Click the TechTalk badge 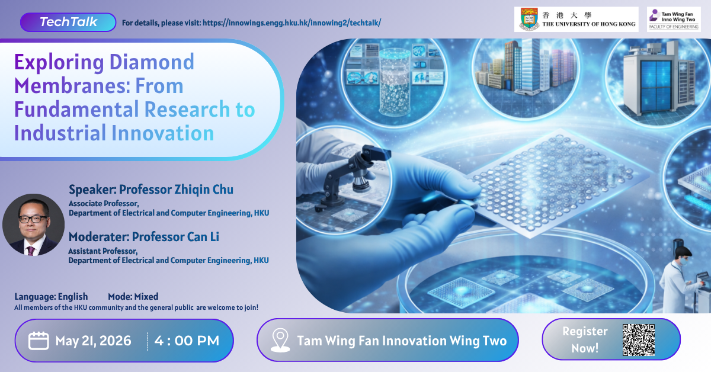[x=68, y=23]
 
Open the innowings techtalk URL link [x=292, y=23]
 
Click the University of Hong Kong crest [x=529, y=20]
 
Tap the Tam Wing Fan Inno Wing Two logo [x=674, y=20]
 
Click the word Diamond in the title [x=152, y=62]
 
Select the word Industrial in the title [x=60, y=133]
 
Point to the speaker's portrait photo [x=33, y=225]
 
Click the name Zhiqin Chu [x=204, y=190]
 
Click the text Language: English [x=51, y=296]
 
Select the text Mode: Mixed [x=133, y=296]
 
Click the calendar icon [x=39, y=341]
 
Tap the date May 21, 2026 [x=93, y=341]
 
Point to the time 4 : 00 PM [x=187, y=341]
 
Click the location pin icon [x=280, y=340]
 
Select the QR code [x=639, y=340]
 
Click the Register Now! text [x=585, y=339]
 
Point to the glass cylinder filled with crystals [x=395, y=82]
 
